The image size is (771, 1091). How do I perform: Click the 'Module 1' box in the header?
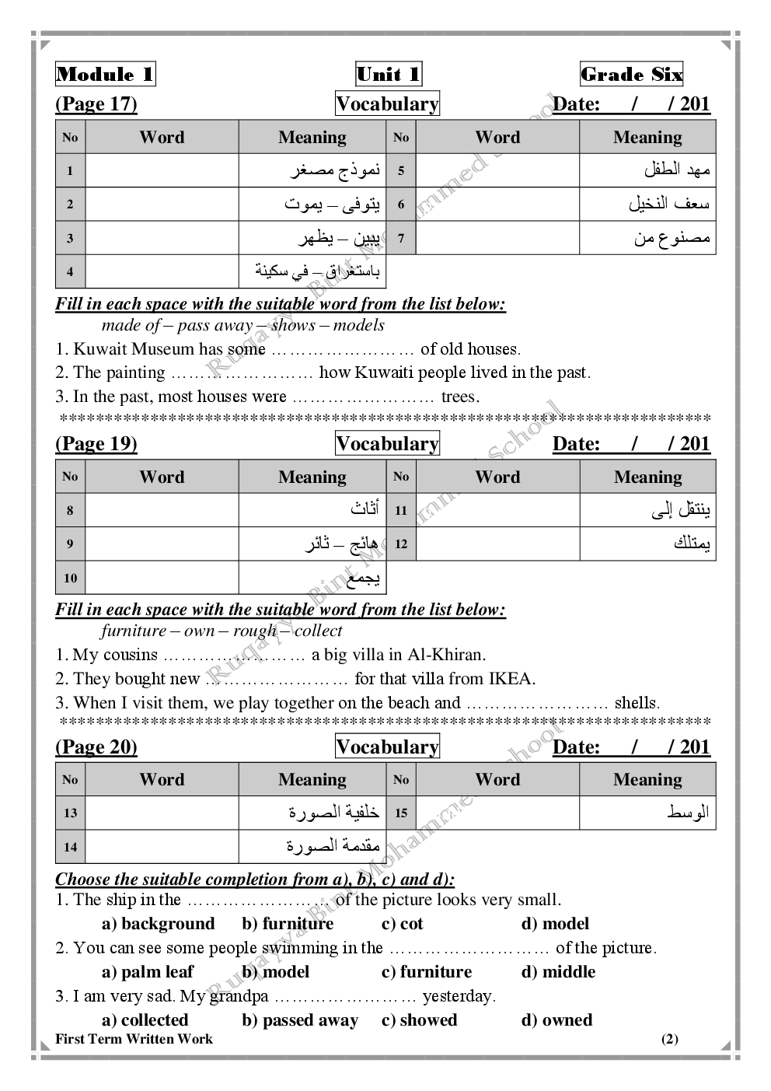point(105,75)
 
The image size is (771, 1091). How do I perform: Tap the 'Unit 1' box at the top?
point(388,75)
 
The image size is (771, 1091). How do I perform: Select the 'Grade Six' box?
point(631,75)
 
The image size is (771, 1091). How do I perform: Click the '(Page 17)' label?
point(96,104)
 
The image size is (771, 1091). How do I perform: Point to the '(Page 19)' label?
point(96,444)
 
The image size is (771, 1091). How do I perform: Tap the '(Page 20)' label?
point(96,747)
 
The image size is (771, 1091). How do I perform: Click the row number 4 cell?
point(71,272)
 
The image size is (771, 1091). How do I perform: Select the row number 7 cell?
point(401,238)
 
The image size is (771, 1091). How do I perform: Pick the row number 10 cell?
point(71,578)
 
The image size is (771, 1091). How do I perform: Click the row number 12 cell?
point(401,544)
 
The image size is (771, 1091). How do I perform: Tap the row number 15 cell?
point(401,813)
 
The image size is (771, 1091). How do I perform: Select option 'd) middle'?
point(558,972)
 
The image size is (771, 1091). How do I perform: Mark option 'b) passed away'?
point(300,1020)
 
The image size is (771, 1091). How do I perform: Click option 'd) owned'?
point(556,1020)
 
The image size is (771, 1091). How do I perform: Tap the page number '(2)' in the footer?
point(669,1039)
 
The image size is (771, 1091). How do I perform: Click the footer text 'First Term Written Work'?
point(134,1039)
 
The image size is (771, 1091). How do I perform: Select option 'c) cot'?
point(403,924)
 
